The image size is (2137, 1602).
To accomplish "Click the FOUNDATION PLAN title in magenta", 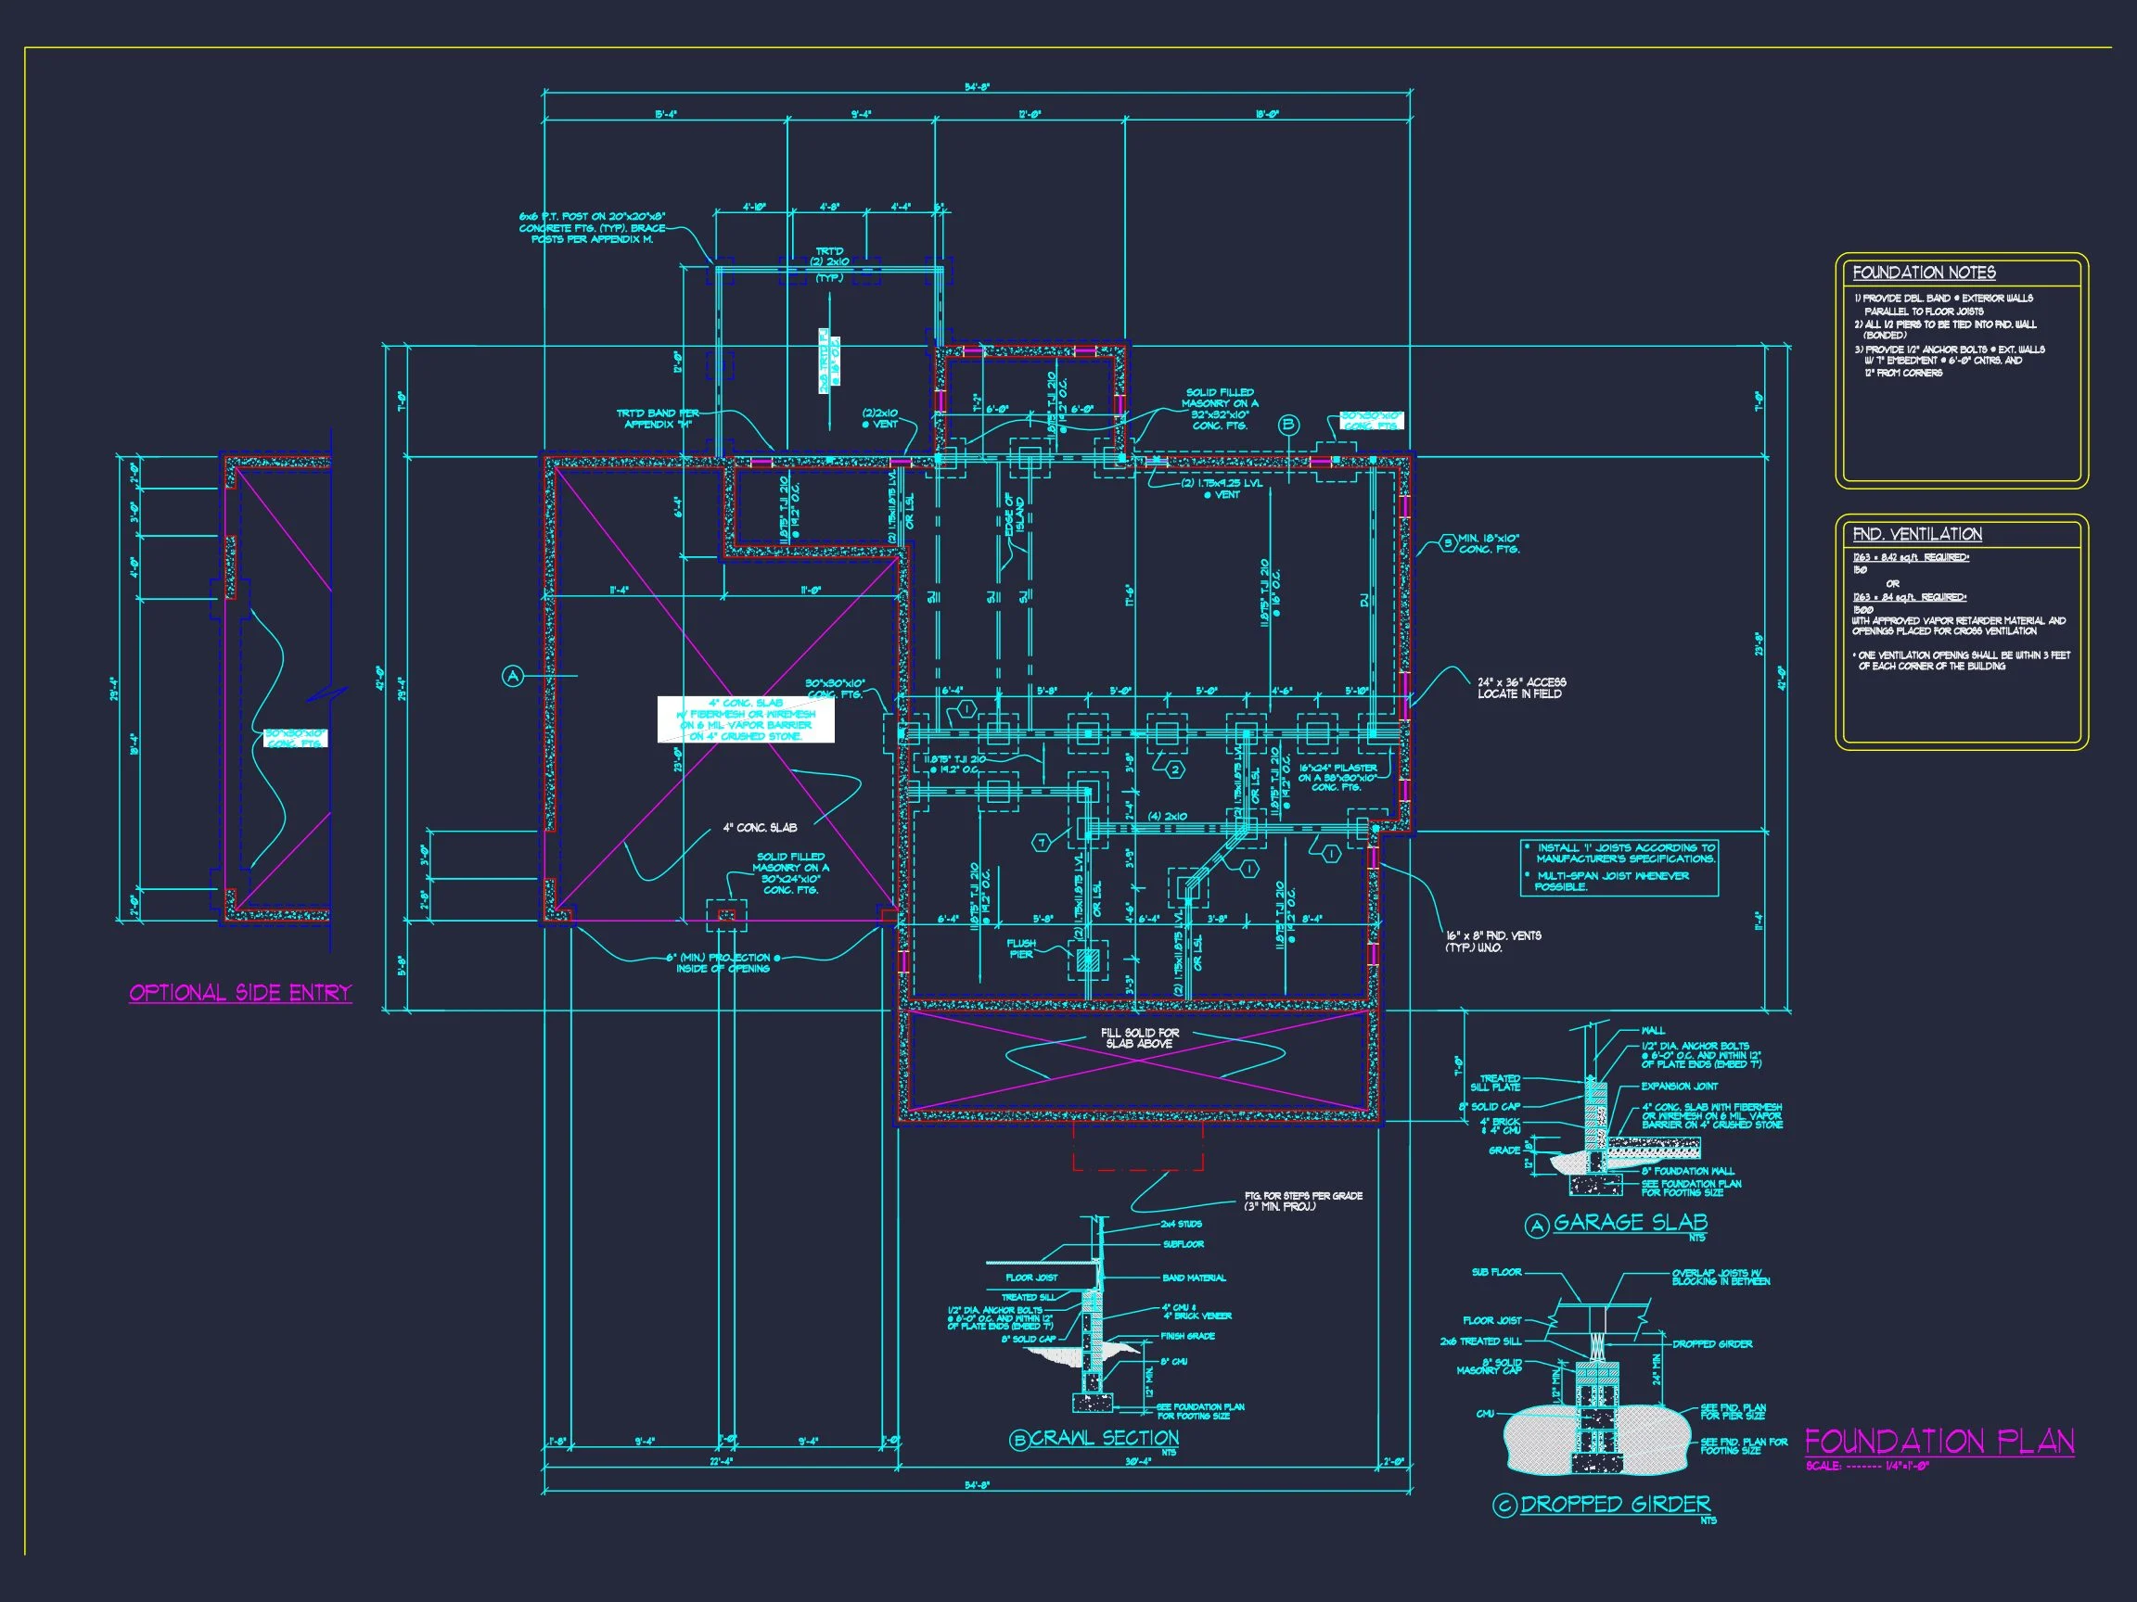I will (1938, 1443).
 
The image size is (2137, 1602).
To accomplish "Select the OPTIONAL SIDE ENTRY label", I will (239, 993).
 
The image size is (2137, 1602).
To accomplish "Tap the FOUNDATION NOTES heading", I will (1924, 273).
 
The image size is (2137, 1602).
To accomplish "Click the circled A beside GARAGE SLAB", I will (1536, 1227).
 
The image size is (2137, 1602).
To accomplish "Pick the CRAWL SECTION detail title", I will (1103, 1438).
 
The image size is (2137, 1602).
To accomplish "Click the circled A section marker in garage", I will (513, 676).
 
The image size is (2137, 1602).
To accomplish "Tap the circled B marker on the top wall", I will (1287, 425).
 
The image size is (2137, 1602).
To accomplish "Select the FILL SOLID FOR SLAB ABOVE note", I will (1140, 1038).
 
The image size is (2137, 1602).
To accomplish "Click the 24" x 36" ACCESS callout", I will (1522, 688).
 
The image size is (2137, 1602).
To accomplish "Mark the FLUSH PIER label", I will (1021, 948).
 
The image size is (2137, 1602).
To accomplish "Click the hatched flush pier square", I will (1088, 960).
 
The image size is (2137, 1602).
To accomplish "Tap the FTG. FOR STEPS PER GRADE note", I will (1303, 1201).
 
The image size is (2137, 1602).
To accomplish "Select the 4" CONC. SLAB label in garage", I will (760, 828).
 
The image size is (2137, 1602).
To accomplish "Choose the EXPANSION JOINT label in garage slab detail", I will (1678, 1087).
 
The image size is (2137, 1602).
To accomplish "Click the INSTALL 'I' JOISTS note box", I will (1619, 867).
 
